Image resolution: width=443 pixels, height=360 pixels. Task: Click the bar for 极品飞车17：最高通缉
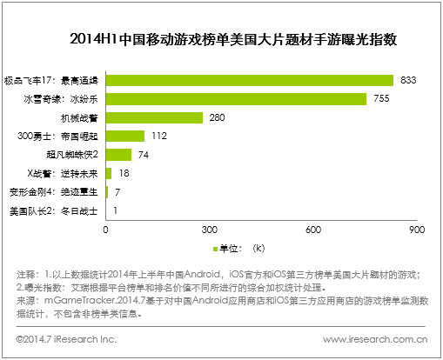(x=249, y=80)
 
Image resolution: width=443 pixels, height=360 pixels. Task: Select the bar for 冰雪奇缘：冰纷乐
(x=236, y=98)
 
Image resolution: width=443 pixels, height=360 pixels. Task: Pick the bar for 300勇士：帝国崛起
(x=125, y=136)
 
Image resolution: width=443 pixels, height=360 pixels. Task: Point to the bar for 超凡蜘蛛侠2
(x=118, y=155)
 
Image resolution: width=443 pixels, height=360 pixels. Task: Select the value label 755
(x=382, y=98)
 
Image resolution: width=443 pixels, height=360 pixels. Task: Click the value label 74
(x=144, y=155)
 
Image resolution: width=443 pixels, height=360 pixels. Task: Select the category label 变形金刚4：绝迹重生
(x=54, y=191)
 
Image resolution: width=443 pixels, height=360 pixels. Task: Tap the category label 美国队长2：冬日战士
(x=54, y=210)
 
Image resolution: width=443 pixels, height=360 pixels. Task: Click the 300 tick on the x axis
(x=209, y=230)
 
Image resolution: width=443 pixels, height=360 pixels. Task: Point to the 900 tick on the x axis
(x=415, y=230)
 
